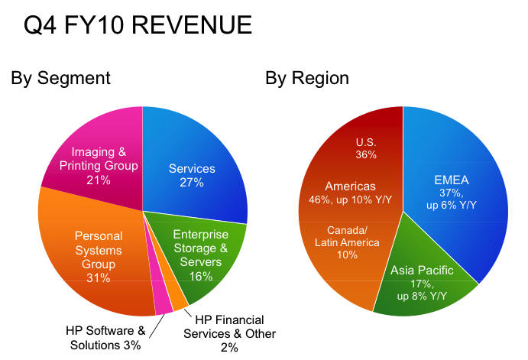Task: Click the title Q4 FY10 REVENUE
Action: [138, 25]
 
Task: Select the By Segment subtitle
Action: [60, 78]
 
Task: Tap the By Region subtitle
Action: [307, 78]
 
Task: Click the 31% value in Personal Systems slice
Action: [98, 277]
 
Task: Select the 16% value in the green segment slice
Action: [200, 276]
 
